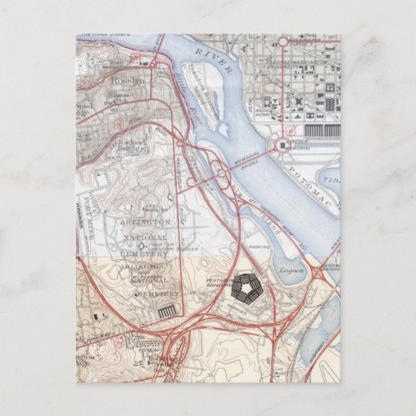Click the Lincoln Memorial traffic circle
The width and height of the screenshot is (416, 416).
point(281,145)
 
